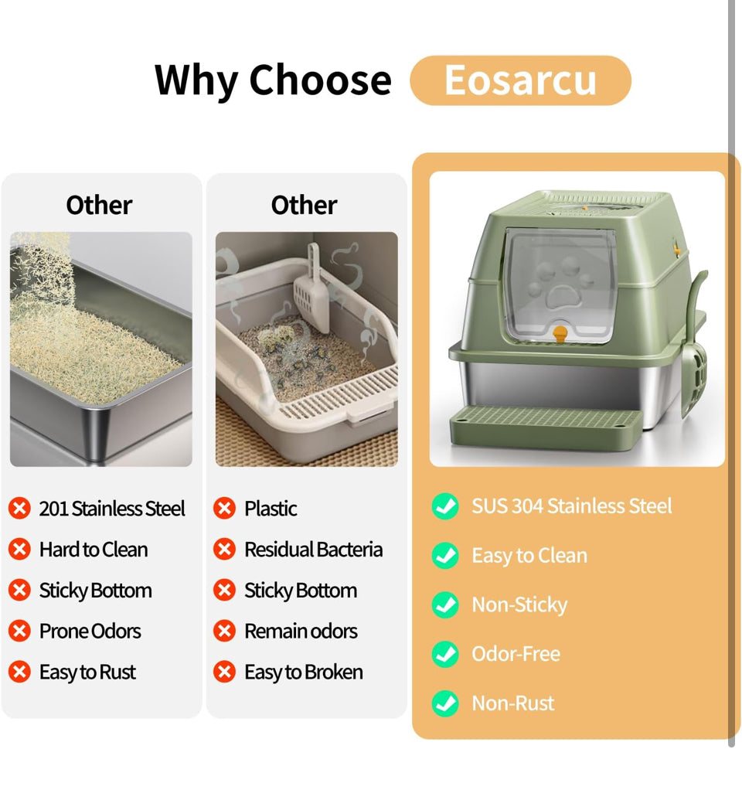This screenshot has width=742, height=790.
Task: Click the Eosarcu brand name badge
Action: click(520, 80)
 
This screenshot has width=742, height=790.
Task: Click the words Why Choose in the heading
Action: click(273, 80)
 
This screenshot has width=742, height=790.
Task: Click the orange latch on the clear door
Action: click(560, 335)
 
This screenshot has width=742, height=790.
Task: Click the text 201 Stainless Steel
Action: click(112, 509)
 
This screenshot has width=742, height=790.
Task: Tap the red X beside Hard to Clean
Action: click(19, 550)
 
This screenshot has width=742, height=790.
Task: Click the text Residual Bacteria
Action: click(313, 550)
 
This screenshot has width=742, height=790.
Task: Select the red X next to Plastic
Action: click(224, 509)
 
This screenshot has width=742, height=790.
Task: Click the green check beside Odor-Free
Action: click(444, 654)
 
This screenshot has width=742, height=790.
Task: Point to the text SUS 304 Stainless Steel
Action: click(572, 506)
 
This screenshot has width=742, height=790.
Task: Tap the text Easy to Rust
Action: click(87, 673)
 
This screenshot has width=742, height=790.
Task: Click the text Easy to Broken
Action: click(303, 673)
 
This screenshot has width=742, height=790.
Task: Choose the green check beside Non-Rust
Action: click(444, 703)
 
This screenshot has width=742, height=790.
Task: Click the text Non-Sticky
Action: click(519, 604)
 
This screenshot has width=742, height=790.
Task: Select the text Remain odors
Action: click(301, 632)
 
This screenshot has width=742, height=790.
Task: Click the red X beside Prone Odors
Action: click(19, 632)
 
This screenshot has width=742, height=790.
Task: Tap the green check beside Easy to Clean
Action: click(444, 556)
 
